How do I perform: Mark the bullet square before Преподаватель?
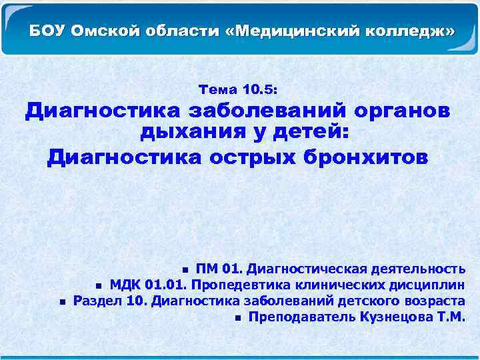(x=238, y=317)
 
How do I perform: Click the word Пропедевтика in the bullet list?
(x=233, y=285)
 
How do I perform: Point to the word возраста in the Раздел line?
(x=435, y=301)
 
